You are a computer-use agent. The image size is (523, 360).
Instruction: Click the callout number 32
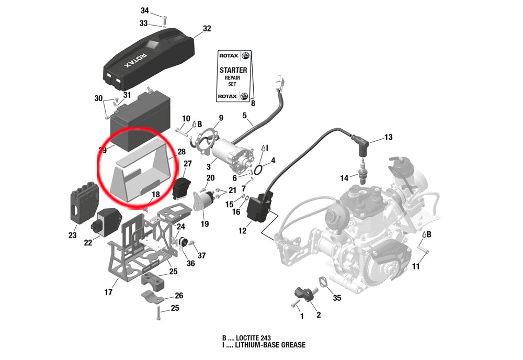pyautogui.click(x=207, y=29)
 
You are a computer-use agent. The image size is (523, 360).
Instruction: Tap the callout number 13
pyautogui.click(x=388, y=138)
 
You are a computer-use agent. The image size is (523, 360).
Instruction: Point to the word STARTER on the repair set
pyautogui.click(x=233, y=70)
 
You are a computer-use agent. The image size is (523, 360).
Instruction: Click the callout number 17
pyautogui.click(x=108, y=292)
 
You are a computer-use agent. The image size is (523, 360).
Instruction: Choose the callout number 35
pyautogui.click(x=337, y=298)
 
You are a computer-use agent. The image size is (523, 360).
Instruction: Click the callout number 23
pyautogui.click(x=72, y=235)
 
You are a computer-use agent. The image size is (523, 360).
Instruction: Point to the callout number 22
pyautogui.click(x=88, y=242)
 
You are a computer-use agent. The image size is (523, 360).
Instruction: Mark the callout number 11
pyautogui.click(x=416, y=267)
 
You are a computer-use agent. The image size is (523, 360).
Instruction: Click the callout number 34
pyautogui.click(x=145, y=10)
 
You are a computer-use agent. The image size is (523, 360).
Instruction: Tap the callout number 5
pyautogui.click(x=244, y=115)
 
